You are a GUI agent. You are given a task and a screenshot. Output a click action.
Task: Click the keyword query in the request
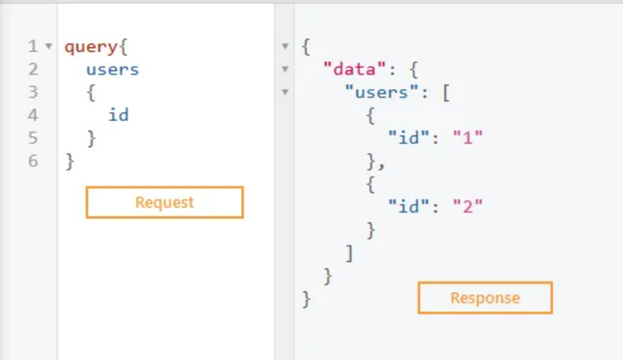point(88,47)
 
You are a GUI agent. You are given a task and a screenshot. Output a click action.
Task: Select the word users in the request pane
point(112,69)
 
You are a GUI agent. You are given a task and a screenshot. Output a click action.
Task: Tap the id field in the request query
point(118,115)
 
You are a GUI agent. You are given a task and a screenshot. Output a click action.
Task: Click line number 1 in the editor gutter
point(33,47)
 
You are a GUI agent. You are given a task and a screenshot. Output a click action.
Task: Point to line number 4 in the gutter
point(33,115)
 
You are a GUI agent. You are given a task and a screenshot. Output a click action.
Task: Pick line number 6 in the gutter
point(33,161)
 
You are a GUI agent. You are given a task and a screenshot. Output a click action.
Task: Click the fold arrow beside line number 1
point(49,47)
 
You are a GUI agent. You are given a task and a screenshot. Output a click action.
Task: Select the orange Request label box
point(164,202)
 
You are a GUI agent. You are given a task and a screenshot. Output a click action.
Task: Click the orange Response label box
point(485,298)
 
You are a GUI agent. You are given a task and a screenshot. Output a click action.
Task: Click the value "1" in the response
point(468,138)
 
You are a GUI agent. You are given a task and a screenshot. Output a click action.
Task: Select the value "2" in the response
point(468,207)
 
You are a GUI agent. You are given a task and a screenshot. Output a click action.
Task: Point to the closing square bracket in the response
point(349,253)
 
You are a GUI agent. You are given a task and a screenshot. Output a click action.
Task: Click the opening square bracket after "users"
point(446,92)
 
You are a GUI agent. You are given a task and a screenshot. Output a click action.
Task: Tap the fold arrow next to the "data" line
point(285,69)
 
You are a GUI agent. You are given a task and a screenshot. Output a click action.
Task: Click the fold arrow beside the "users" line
point(285,92)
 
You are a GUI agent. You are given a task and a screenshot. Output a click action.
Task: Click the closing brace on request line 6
point(70,161)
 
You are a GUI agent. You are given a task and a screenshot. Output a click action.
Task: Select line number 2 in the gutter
point(33,69)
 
